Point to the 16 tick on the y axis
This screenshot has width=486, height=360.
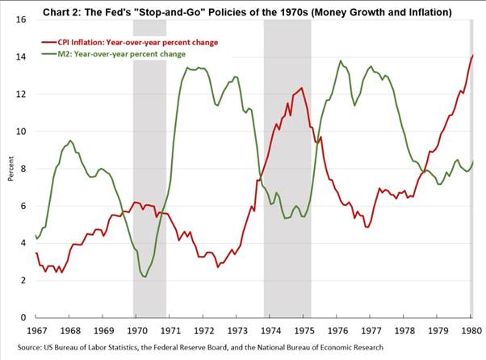click(x=22, y=19)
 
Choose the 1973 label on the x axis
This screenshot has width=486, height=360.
click(x=236, y=331)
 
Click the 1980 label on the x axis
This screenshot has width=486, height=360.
click(x=470, y=331)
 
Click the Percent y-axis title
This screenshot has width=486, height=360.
click(x=9, y=169)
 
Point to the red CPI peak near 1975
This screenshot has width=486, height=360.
click(x=302, y=88)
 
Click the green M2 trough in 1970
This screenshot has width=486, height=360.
click(x=145, y=277)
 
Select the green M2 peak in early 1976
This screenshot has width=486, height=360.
click(x=340, y=61)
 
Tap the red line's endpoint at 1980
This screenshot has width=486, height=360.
click(x=472, y=55)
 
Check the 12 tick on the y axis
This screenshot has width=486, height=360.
click(x=22, y=94)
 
